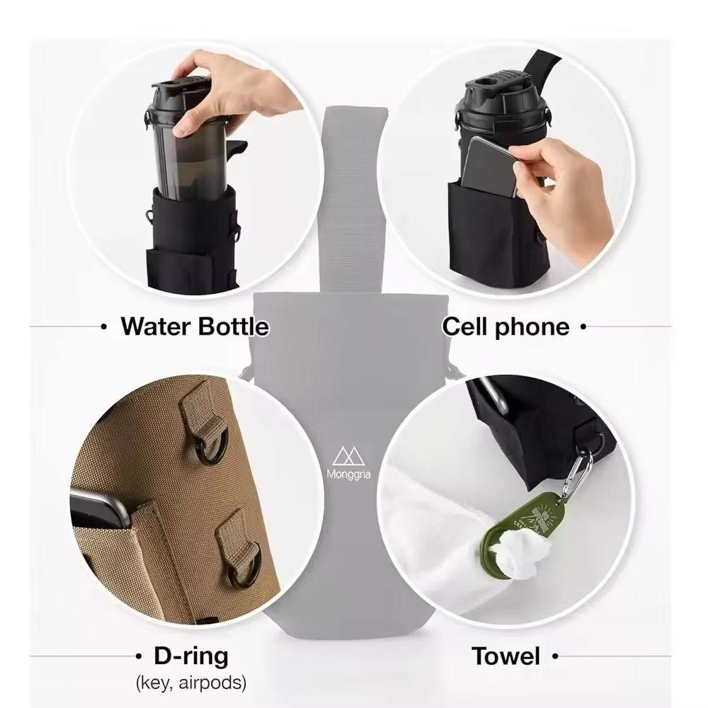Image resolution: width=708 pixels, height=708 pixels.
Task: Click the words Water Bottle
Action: pos(195,326)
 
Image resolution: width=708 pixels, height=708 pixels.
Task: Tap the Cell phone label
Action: pos(506,326)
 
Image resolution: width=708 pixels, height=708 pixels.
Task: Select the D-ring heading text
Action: pos(191,656)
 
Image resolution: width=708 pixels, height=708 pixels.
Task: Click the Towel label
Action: pos(506,656)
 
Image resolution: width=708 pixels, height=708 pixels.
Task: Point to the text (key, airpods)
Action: pos(190,683)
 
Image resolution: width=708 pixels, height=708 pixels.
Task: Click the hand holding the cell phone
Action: pos(566,177)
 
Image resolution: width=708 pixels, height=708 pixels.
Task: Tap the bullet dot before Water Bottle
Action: pos(104,327)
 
